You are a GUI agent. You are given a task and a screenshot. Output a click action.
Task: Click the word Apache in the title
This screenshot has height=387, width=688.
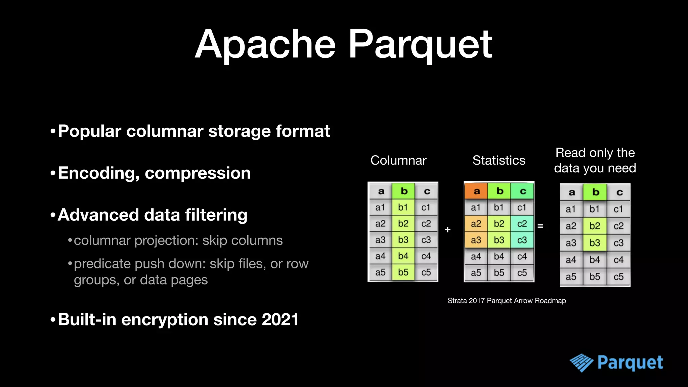click(265, 44)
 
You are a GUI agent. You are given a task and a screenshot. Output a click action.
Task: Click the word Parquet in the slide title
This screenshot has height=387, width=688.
click(420, 44)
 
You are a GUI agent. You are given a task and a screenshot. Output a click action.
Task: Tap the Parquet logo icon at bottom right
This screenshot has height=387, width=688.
click(581, 363)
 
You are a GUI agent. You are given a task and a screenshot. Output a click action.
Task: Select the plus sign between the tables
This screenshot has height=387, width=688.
click(447, 230)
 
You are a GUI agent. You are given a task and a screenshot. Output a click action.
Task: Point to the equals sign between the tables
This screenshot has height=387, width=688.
click(540, 226)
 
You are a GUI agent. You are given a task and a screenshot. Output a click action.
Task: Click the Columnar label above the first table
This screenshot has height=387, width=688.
click(398, 160)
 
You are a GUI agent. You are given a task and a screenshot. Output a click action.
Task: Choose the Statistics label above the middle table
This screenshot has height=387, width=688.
click(499, 160)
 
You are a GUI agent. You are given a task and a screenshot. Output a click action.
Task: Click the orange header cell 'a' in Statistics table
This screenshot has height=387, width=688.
click(476, 191)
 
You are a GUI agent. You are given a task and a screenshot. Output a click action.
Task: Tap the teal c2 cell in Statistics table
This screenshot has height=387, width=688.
click(522, 224)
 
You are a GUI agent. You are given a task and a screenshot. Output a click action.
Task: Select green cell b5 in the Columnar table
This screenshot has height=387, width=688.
click(403, 272)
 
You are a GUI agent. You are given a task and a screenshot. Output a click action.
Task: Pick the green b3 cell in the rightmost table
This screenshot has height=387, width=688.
click(595, 243)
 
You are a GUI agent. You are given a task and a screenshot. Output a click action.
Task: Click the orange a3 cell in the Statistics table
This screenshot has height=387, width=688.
click(476, 240)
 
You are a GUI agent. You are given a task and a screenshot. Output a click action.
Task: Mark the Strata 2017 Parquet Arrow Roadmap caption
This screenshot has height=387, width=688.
click(507, 301)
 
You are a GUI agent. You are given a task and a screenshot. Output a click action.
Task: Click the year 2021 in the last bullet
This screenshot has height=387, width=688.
click(280, 319)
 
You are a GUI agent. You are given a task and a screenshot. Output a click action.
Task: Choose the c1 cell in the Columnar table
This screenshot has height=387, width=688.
click(426, 208)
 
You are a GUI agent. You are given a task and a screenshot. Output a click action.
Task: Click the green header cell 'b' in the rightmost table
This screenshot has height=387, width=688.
click(595, 192)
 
